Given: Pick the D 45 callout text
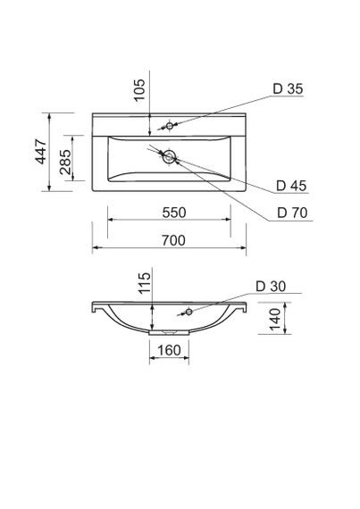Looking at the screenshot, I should click(x=293, y=186).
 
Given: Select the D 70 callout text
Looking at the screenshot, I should click(x=293, y=213).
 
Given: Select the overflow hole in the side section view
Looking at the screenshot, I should click(x=188, y=312).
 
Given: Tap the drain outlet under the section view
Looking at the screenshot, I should click(x=167, y=334).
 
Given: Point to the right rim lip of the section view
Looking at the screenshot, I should click(x=242, y=309).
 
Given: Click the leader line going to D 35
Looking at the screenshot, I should click(x=223, y=106).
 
